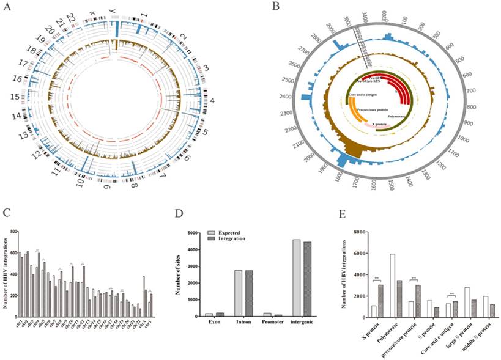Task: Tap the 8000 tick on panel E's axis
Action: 362,233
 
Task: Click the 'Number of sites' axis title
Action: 181,272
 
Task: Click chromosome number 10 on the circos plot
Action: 81,183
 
